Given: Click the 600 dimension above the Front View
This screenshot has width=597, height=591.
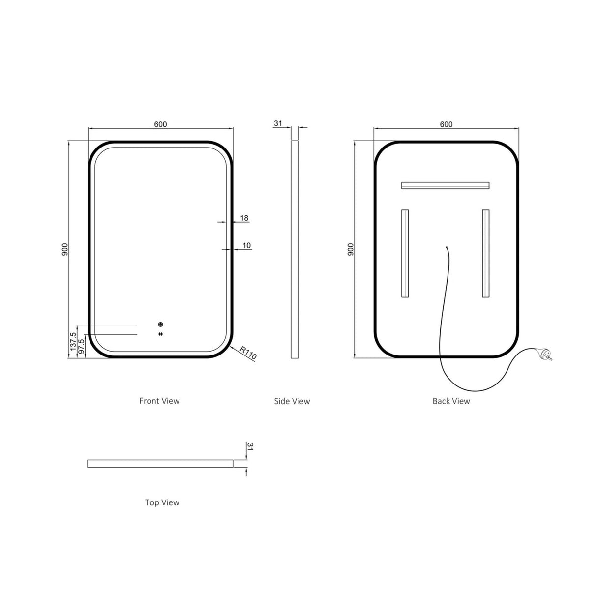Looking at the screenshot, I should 160,124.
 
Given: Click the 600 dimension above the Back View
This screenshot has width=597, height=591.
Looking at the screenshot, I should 446,124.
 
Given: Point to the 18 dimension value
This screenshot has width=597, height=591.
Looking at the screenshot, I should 244,218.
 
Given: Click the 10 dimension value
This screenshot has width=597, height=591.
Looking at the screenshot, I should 247,245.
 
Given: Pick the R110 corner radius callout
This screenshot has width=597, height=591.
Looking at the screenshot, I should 248,354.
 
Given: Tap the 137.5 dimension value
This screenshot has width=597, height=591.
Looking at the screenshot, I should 73,341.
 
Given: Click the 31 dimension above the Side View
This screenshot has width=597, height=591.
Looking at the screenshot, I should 278,124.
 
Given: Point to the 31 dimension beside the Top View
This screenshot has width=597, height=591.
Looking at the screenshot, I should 250,446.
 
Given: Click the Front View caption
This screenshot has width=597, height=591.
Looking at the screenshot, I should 159,401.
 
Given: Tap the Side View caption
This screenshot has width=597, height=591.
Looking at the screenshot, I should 292,401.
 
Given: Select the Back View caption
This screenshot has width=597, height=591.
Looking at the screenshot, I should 451,401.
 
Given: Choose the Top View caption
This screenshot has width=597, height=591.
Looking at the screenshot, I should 162,502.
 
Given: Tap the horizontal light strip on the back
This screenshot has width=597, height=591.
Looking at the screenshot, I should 446,185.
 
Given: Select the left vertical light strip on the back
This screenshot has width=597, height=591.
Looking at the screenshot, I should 405,254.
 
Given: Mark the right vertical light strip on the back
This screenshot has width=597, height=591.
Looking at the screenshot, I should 486,254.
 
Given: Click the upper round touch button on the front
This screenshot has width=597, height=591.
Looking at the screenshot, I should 160,325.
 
